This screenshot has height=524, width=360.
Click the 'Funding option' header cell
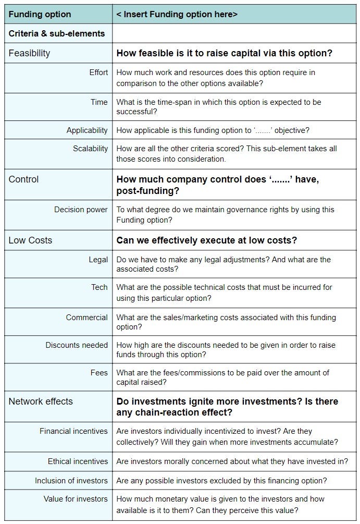[x=40, y=14]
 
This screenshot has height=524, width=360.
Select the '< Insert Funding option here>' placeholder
[x=177, y=14]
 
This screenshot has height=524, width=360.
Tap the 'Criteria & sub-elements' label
[x=57, y=33]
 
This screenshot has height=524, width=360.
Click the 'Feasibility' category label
[x=29, y=53]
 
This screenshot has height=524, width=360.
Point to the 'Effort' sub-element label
[x=98, y=72]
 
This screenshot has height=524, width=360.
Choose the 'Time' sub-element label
[x=99, y=102]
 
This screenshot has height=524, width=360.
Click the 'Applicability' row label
[x=87, y=130]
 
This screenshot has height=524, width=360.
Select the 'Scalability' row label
[x=90, y=149]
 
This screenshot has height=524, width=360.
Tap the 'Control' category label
[x=23, y=179]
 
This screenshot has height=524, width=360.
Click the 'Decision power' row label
[x=81, y=210]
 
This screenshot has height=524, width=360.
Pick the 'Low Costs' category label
[x=30, y=240]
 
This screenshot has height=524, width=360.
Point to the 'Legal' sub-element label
[x=98, y=260]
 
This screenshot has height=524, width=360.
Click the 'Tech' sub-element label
[x=100, y=287]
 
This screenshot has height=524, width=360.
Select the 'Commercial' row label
[x=86, y=318]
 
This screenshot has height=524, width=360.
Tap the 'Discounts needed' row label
[x=77, y=345]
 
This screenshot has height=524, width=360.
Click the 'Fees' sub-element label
[x=99, y=373]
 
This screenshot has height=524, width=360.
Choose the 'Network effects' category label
[x=41, y=401]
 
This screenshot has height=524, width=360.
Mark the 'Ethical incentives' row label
[x=78, y=461]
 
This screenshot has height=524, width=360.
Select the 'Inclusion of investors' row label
[x=71, y=480]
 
